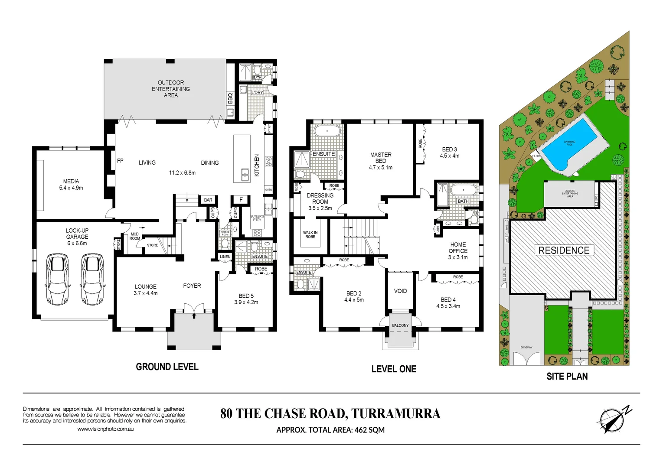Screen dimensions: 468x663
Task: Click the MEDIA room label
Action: coord(71,182)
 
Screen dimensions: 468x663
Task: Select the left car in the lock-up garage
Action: coord(57,279)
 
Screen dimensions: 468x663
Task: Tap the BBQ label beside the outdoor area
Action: coord(230,98)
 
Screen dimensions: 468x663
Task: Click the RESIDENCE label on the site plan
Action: coord(564,250)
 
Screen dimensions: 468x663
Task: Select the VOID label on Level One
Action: coord(400,291)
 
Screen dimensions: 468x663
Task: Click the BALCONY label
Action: coord(400,325)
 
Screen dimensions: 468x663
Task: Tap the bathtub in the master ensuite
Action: coord(327,131)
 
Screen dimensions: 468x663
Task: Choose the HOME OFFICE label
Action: coord(458,248)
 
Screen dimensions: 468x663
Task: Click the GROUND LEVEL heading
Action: coord(167,367)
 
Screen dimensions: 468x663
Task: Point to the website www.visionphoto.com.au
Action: coord(105,429)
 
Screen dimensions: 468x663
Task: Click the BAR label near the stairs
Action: coord(208,200)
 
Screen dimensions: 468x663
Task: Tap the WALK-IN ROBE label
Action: coord(310,235)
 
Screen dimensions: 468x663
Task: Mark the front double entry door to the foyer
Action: coord(193,309)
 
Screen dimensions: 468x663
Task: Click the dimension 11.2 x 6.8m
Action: coord(182,172)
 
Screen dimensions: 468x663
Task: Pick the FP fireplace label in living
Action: coord(120,161)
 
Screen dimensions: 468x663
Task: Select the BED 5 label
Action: coord(246,296)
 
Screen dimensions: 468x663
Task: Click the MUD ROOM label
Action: coord(135,236)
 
